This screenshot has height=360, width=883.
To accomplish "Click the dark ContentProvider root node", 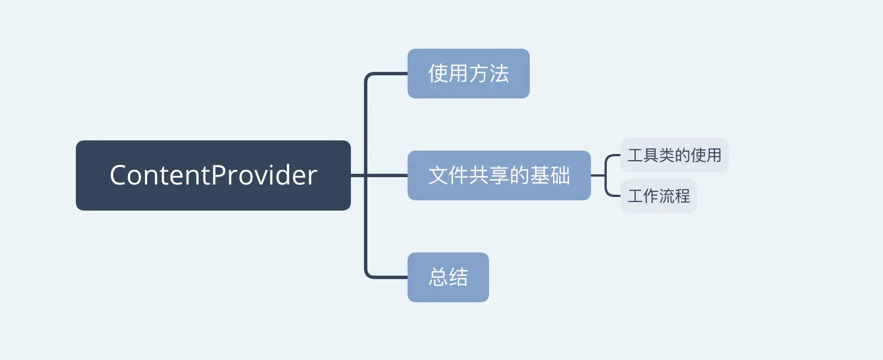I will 213,175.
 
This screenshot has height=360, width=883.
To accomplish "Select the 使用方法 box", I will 468,74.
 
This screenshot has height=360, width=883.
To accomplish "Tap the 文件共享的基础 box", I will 499,175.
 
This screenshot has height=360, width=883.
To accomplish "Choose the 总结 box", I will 448,277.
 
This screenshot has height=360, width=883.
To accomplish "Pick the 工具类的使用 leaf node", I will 674,155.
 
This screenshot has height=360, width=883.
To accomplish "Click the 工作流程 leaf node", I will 658,196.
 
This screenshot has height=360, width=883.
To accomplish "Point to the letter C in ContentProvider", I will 119,175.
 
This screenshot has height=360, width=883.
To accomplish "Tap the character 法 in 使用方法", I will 499,74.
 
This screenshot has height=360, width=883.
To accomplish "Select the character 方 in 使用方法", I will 478,74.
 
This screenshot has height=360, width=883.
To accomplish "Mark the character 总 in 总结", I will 438,277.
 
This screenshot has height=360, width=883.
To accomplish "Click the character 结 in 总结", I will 458,277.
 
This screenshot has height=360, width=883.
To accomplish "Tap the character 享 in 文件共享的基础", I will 499,175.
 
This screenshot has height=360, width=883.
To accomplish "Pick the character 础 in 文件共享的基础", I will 560,175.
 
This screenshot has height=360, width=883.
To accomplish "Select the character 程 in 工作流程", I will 682,196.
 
